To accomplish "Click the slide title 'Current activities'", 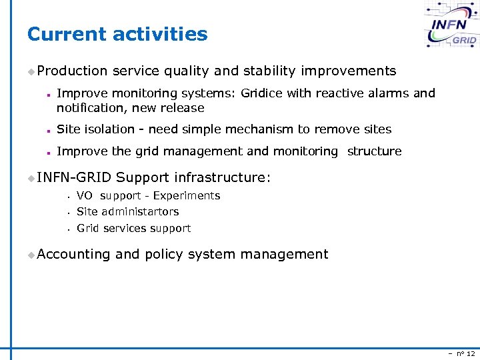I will point(117,34).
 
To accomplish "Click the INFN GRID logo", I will point(451,26).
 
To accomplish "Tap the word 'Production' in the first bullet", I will point(72,71).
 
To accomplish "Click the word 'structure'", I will point(374,151).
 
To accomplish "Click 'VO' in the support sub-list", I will point(85,195).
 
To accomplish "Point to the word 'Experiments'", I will point(187,195).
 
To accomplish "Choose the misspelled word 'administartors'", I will point(139,211).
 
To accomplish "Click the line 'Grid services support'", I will point(134,228).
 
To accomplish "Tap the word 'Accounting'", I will point(73,254).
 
